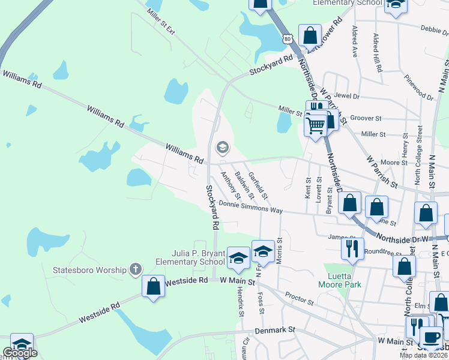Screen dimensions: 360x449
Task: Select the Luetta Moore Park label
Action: (340, 280)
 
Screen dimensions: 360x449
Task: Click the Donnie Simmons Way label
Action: (250, 207)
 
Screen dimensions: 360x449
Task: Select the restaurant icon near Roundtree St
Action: (352, 248)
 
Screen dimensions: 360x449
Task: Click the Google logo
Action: (20, 353)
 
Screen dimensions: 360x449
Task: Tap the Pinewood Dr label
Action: (418, 88)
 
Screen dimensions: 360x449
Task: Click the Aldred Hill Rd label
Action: (378, 53)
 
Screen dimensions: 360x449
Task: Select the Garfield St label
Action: (258, 184)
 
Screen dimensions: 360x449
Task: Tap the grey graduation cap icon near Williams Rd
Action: (222, 148)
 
